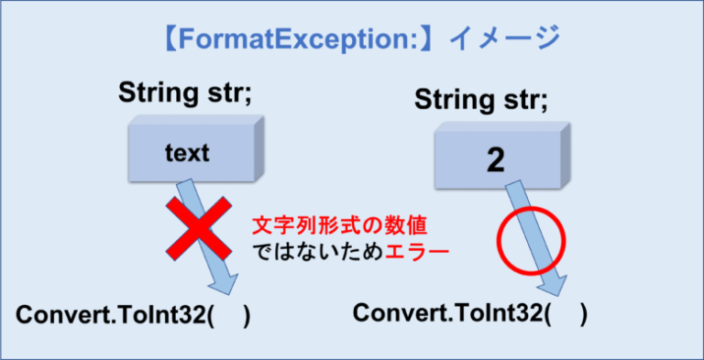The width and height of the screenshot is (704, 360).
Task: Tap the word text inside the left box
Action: coord(187,152)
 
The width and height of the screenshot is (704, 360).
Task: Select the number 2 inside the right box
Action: coord(496,160)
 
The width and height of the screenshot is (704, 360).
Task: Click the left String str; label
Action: coord(185,93)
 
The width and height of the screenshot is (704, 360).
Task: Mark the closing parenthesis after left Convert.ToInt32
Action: coord(246,316)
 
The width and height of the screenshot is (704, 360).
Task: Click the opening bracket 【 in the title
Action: coord(168,40)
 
